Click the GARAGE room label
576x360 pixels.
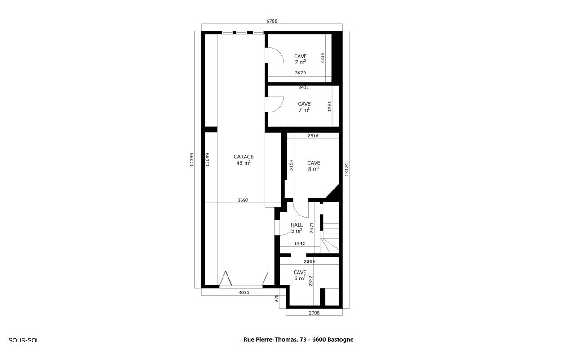(x=243, y=160)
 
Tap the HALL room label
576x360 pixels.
(x=296, y=228)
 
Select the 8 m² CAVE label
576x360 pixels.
(x=314, y=166)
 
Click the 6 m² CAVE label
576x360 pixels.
(x=300, y=275)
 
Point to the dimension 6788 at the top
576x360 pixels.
(x=272, y=21)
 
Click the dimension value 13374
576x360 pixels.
(x=346, y=170)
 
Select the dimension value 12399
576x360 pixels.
(x=192, y=160)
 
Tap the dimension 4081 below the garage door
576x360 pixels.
(x=244, y=292)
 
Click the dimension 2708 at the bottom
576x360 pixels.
(x=314, y=313)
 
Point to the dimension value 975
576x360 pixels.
(x=277, y=298)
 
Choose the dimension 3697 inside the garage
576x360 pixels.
(x=243, y=200)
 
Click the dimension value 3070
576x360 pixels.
(x=300, y=72)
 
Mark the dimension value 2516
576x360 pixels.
(x=313, y=135)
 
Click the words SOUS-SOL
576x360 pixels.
(x=24, y=341)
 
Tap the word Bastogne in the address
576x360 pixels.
(x=340, y=339)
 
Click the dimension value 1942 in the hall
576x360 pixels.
(x=299, y=243)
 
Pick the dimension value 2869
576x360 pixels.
(x=309, y=261)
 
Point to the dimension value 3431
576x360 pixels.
(x=304, y=87)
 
